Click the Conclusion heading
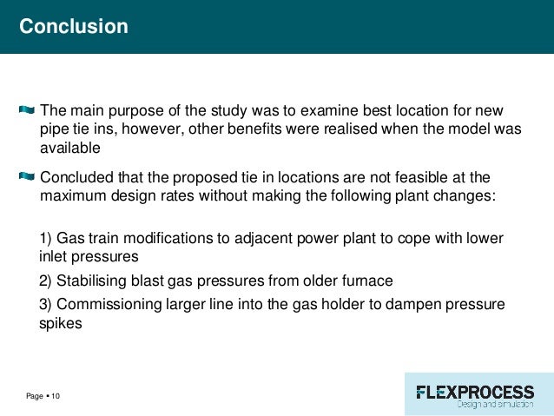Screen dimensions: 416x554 [x=74, y=27]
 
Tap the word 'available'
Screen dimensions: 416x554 [x=70, y=148]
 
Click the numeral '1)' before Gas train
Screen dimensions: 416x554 [x=48, y=239]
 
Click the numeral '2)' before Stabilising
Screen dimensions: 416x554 [x=48, y=281]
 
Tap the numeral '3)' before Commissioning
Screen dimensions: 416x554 [x=48, y=304]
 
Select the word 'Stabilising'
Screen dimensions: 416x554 [x=97, y=281]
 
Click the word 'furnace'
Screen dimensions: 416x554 [x=368, y=281]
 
